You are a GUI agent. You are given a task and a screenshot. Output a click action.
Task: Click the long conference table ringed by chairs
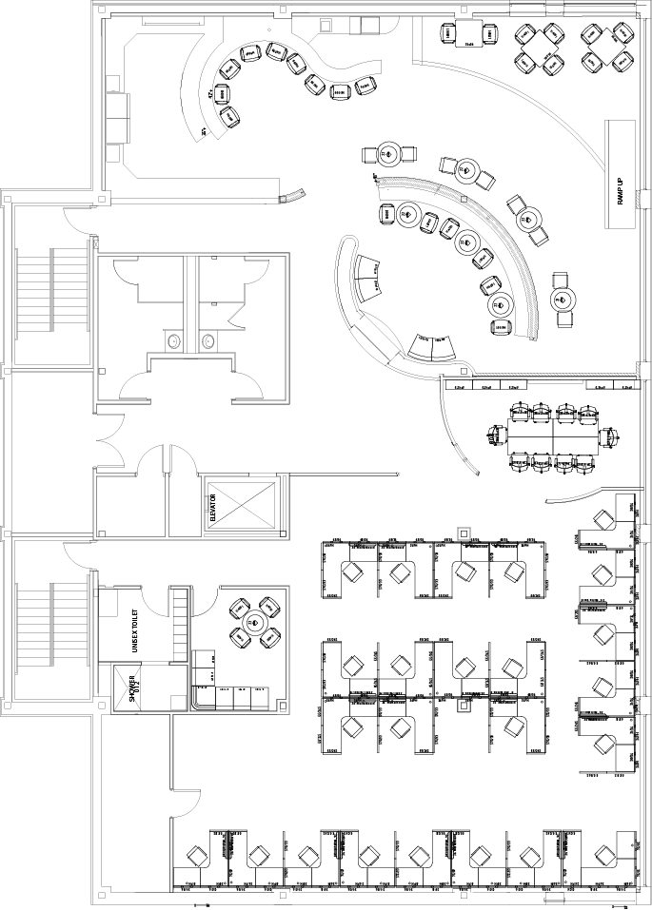(552, 436)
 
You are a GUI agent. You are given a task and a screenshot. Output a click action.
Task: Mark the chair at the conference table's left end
(495, 436)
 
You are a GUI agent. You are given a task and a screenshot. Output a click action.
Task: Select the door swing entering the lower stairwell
(76, 556)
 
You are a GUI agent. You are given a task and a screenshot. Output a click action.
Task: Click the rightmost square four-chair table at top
(606, 48)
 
